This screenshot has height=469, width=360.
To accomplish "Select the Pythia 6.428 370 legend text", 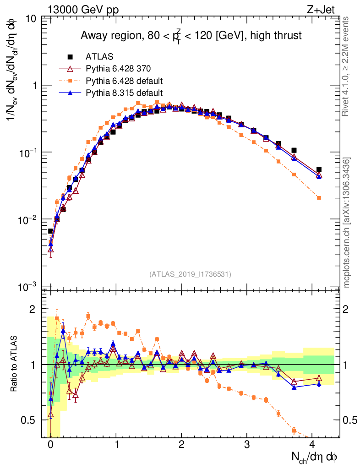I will pyautogui.click(x=118, y=69).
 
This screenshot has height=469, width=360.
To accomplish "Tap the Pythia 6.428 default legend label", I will pyautogui.click(x=124, y=81).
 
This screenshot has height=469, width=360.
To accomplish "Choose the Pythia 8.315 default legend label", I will pyautogui.click(x=124, y=93).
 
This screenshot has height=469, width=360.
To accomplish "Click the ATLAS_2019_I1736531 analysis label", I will pyautogui.click(x=190, y=274).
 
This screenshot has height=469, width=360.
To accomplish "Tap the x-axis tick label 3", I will pyautogui.click(x=247, y=445).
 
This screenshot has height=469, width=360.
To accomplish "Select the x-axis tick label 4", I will pyautogui.click(x=312, y=445).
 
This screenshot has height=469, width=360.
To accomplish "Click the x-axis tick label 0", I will pyautogui.click(x=50, y=445).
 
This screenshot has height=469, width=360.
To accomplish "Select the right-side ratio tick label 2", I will pyautogui.click(x=349, y=309).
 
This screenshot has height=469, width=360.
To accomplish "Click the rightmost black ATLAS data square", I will pyautogui.click(x=319, y=169).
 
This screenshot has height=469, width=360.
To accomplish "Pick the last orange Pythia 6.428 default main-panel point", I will pyautogui.click(x=319, y=198).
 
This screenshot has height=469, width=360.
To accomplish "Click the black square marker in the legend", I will pyautogui.click(x=71, y=57).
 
